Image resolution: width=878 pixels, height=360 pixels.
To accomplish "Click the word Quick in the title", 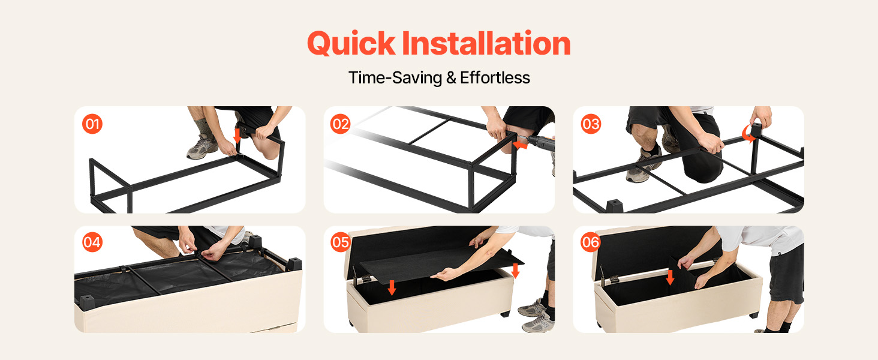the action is (x=351, y=43).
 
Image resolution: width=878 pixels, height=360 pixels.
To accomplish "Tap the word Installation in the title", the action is (x=486, y=43).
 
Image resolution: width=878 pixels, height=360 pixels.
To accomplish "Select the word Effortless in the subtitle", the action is (x=495, y=77).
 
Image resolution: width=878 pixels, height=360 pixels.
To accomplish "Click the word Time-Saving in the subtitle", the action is (x=395, y=78).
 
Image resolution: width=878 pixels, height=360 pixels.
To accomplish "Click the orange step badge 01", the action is (x=92, y=124).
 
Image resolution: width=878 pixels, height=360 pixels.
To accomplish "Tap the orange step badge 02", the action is (x=340, y=124).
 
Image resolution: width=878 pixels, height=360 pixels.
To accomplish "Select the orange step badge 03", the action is (x=591, y=124).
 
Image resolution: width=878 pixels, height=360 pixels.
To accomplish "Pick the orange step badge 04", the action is (x=92, y=242).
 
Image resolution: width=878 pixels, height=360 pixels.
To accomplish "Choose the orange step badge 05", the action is (x=340, y=242).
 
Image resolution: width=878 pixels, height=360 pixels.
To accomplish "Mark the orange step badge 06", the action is (x=591, y=242).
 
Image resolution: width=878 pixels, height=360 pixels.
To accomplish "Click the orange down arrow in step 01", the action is (x=237, y=136).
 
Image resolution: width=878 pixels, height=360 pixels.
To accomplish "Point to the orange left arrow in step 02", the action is (x=520, y=145).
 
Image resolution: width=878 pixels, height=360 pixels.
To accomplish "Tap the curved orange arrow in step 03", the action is (x=747, y=134).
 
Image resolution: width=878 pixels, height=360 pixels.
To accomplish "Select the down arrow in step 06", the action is (x=670, y=277).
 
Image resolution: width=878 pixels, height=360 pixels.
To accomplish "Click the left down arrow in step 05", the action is (x=392, y=287).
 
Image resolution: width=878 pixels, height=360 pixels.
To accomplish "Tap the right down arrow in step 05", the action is (x=515, y=271).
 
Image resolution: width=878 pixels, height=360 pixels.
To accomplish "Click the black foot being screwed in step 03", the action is (x=756, y=130).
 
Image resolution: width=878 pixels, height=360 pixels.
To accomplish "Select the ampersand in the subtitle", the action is (x=451, y=77).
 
